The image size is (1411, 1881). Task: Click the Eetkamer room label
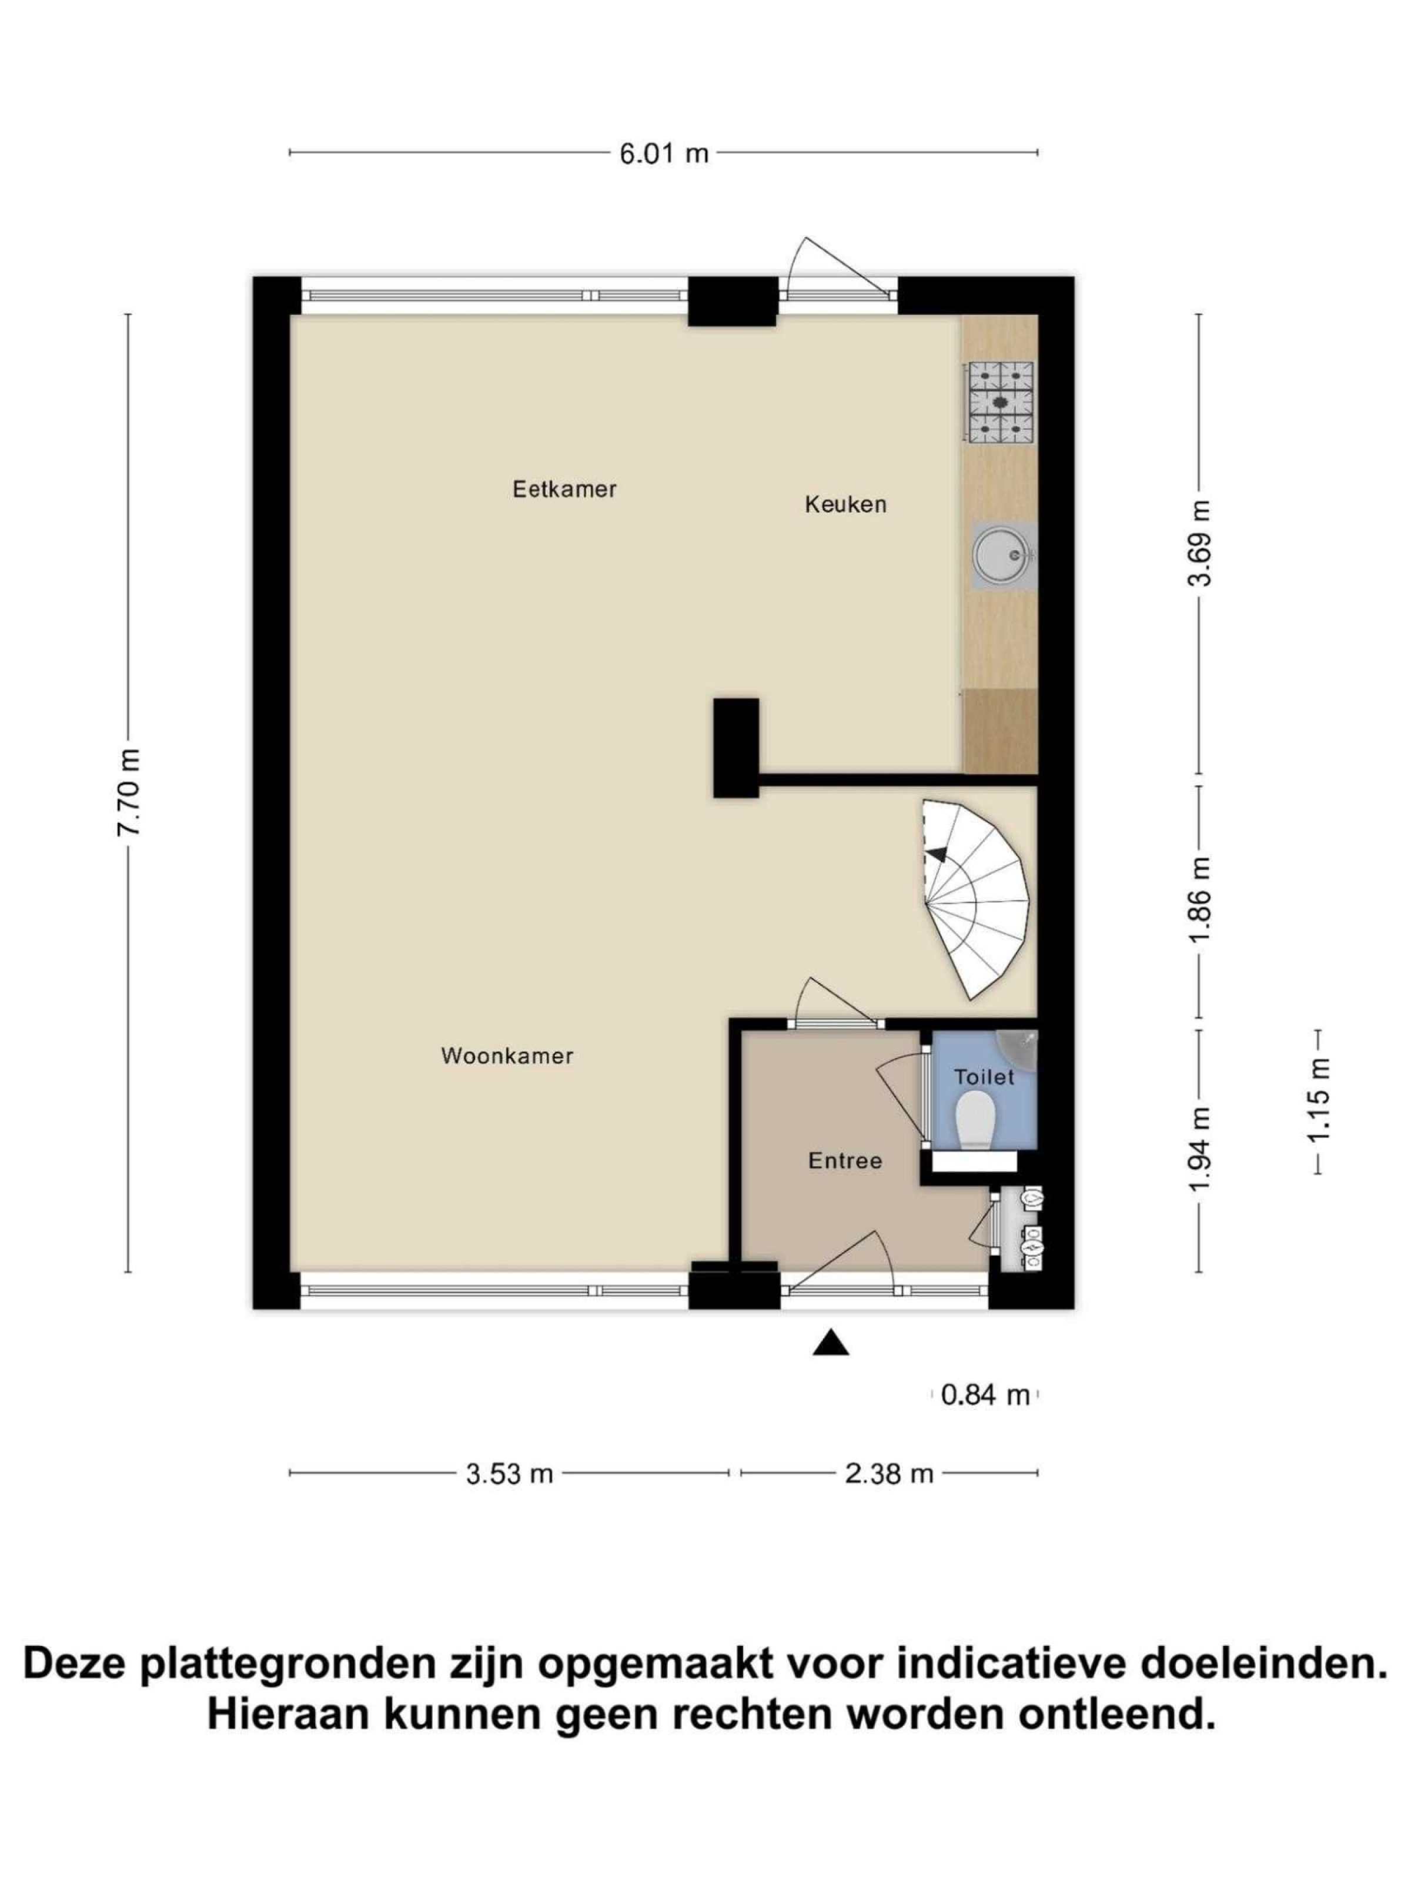(x=564, y=489)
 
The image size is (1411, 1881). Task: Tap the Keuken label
(x=845, y=504)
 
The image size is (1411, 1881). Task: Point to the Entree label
(x=845, y=1161)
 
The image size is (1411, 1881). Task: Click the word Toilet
(x=984, y=1077)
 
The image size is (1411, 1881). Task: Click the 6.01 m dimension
(x=663, y=154)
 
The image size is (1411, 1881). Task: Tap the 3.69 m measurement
(x=1200, y=543)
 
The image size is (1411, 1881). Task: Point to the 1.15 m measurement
(x=1318, y=1102)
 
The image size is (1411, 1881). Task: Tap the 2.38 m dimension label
(x=889, y=1474)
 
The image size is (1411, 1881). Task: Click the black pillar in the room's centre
(x=735, y=748)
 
